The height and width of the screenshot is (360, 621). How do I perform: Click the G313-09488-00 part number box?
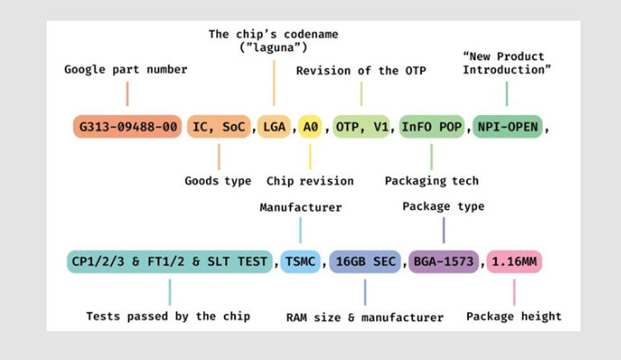point(127,127)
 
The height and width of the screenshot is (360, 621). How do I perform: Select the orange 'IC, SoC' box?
point(220,127)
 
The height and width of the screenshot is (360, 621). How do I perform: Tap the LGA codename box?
point(273,127)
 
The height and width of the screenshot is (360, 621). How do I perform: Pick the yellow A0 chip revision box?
point(310,127)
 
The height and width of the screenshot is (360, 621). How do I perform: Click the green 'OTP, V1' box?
point(361,127)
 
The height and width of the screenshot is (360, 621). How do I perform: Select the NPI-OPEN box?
point(508,127)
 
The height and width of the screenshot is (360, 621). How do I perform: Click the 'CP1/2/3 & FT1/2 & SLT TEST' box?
point(169,262)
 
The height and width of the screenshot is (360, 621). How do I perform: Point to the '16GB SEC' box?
point(365,262)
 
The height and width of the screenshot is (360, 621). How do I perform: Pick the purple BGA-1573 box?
point(444,262)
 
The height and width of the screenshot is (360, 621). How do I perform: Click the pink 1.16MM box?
point(515,262)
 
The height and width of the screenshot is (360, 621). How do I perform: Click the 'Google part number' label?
point(127,69)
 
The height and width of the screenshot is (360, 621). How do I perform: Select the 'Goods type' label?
point(218,181)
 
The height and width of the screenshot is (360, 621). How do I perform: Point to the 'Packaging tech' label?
point(432,181)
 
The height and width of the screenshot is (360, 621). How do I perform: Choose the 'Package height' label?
point(514,316)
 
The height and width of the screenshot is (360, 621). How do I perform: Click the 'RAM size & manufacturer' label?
point(364,317)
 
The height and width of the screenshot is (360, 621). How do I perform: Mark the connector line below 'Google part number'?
point(127,94)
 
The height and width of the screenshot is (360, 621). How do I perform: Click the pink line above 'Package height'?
point(514,292)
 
